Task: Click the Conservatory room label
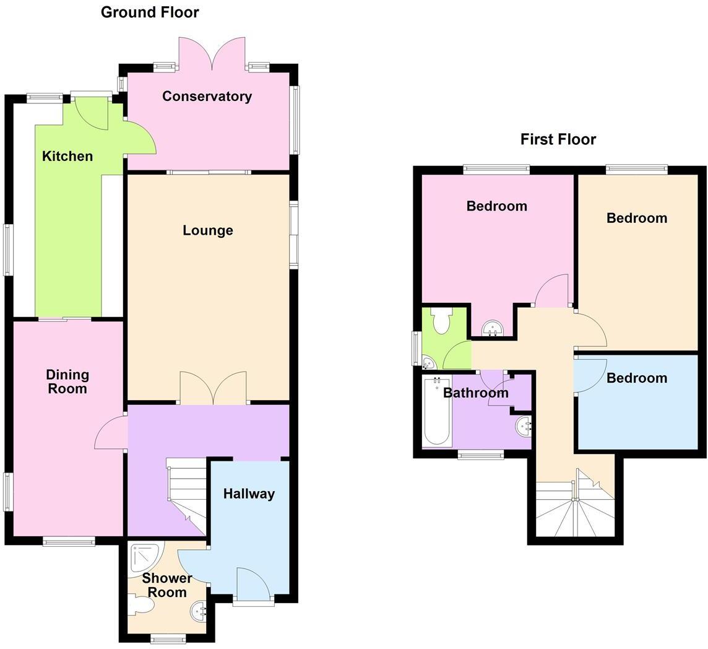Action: point(207,96)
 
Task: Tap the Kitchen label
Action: point(67,156)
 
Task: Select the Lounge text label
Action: point(208,230)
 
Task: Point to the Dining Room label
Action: point(67,381)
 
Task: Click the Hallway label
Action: point(249,494)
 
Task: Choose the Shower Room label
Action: point(167,585)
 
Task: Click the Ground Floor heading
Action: point(150,12)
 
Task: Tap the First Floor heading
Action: point(558,139)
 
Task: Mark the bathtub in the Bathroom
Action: point(436,412)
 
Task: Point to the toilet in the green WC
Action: point(441,321)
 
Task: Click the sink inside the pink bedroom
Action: point(492,328)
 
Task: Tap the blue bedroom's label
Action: point(636,378)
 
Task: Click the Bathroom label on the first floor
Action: point(475,393)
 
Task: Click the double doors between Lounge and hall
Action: point(213,388)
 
